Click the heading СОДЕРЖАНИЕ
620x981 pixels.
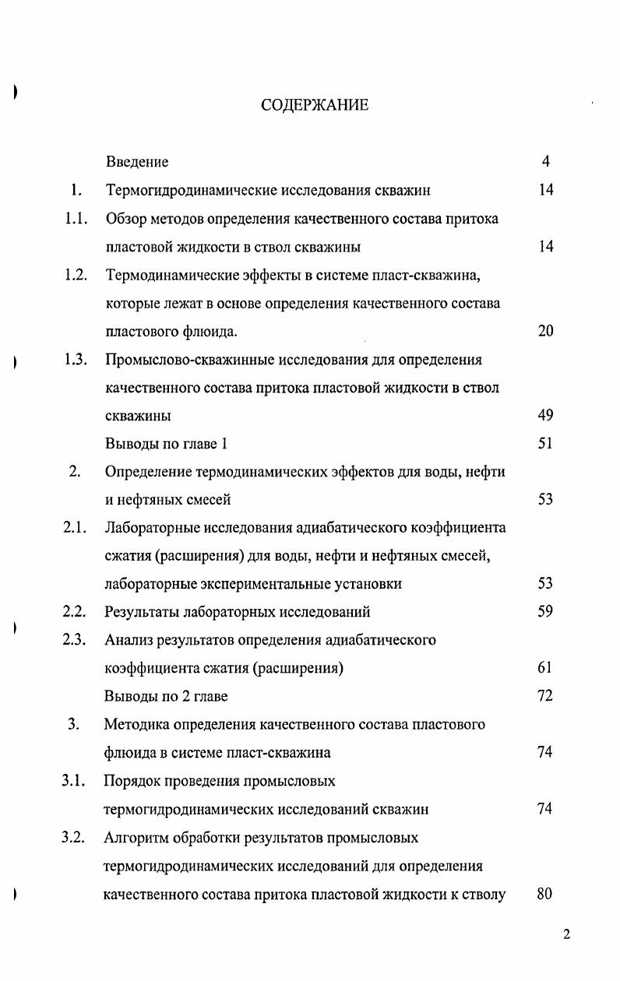(315, 105)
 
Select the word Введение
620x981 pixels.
(137, 162)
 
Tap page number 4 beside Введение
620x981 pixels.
(546, 162)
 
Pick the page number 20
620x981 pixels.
(545, 332)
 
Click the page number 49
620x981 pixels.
(545, 416)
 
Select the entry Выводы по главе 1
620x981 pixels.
(166, 444)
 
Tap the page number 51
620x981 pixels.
(545, 444)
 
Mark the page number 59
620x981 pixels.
(545, 612)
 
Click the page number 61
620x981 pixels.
(545, 668)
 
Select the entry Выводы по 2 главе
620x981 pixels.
(166, 696)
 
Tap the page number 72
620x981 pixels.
(545, 696)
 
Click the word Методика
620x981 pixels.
(136, 725)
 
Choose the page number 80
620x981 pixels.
(544, 894)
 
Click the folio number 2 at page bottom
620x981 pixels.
(566, 935)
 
